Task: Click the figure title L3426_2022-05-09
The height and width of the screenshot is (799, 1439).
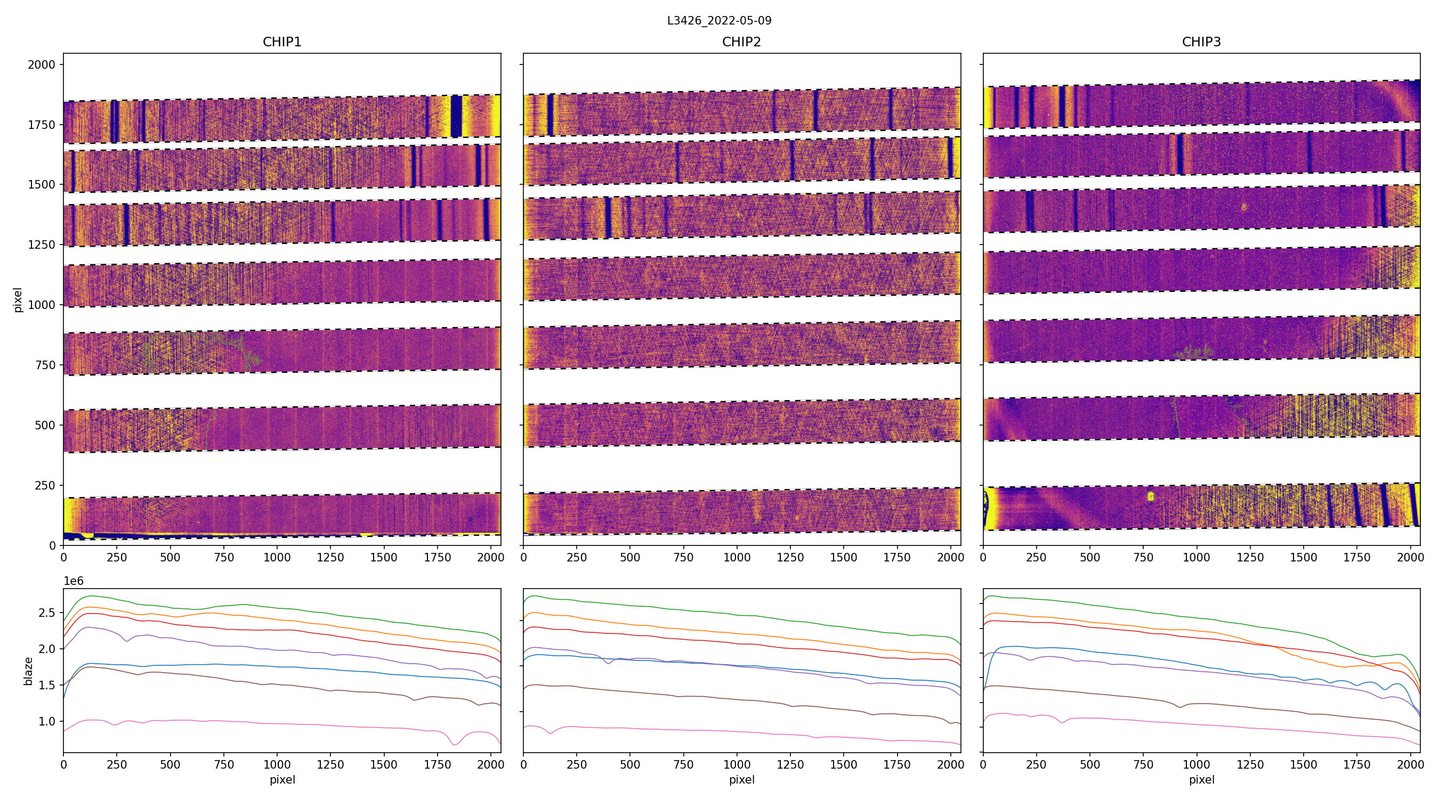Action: pos(719,21)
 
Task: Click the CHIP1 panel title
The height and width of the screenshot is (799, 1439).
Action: pos(281,42)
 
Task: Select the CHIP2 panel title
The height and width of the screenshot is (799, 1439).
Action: pos(741,42)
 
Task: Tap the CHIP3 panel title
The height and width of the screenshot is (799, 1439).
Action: pos(1201,42)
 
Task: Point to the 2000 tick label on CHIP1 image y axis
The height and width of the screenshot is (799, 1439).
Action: pos(42,65)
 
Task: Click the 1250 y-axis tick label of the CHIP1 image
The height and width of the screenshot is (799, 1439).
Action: pos(42,244)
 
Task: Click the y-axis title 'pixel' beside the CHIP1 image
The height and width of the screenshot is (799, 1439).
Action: pos(17,300)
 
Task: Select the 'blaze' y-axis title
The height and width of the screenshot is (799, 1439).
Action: pos(28,671)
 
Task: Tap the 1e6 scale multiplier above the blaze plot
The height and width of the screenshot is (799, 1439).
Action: pos(73,581)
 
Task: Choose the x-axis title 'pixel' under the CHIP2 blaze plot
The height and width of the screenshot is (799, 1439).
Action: pos(741,779)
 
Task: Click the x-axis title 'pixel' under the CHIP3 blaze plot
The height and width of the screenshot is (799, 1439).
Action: pos(1201,779)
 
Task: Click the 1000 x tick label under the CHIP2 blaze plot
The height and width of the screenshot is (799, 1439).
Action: pos(737,764)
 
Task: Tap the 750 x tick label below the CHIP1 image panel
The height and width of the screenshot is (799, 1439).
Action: pos(223,557)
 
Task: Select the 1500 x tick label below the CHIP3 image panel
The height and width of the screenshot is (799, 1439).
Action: pos(1303,557)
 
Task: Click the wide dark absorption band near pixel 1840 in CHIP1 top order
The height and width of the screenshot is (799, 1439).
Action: pos(456,116)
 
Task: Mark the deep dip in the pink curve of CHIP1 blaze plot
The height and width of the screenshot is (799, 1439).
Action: pos(454,744)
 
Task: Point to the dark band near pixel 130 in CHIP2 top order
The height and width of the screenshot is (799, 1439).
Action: pos(551,115)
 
